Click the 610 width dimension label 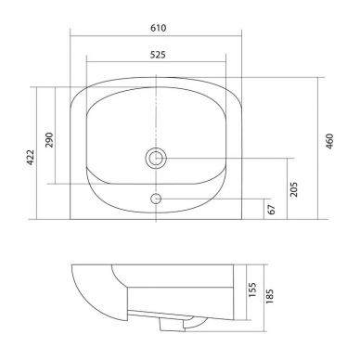(x=159, y=28)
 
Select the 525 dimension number (x=158, y=55)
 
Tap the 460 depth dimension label (x=330, y=141)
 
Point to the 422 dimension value (x=31, y=157)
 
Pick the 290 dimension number (x=49, y=140)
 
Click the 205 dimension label (x=294, y=189)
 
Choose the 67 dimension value (x=272, y=210)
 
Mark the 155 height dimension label (x=252, y=289)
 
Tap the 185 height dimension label (x=269, y=296)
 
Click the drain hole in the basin (x=156, y=158)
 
